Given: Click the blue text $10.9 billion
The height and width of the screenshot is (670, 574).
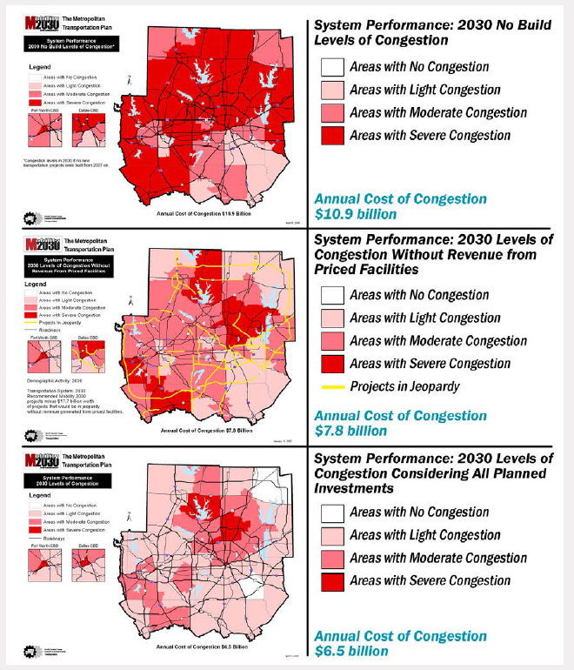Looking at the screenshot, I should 357,214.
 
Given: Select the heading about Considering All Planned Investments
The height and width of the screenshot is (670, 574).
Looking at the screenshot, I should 432,473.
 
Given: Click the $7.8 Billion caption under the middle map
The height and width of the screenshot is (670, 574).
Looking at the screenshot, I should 200,429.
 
